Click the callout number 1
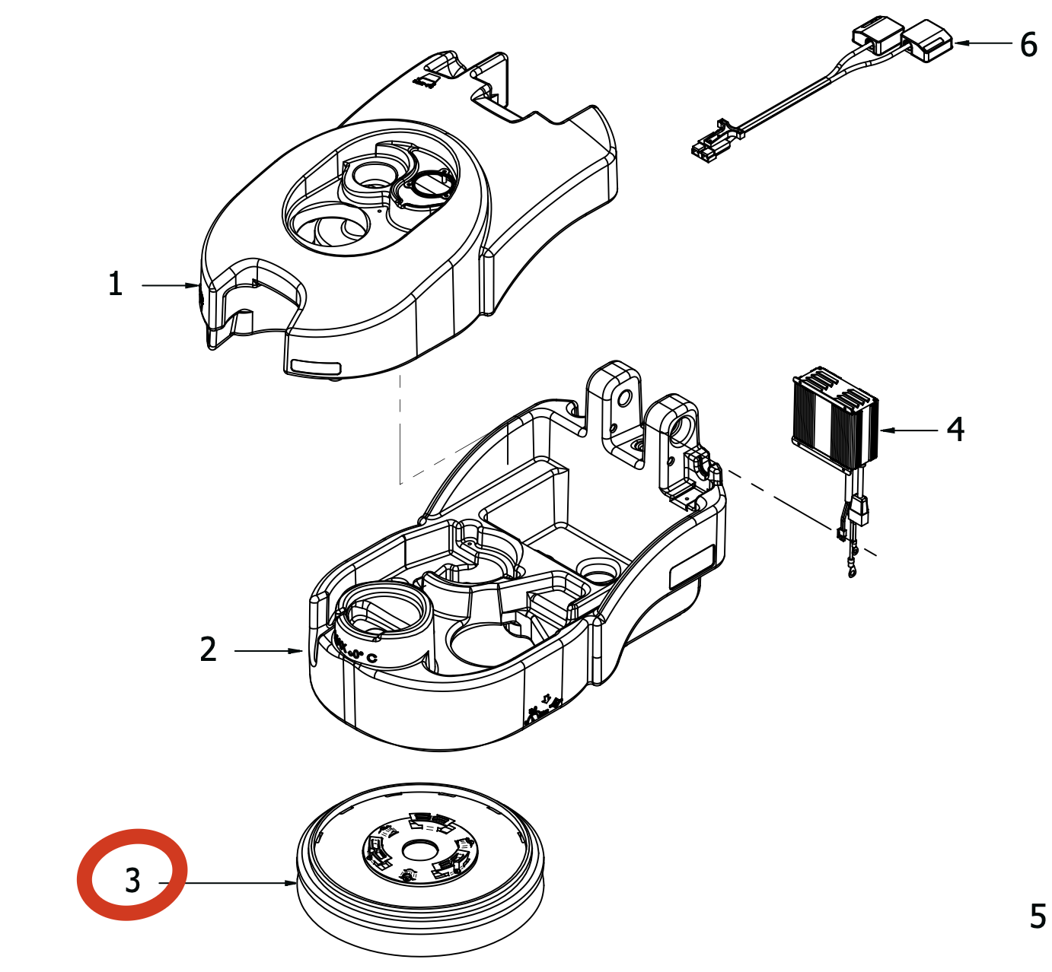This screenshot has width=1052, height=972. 116,284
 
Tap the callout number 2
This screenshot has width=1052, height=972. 208,650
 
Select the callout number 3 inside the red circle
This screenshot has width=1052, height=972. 133,881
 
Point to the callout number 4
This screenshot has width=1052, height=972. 956,430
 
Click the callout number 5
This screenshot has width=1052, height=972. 1038,916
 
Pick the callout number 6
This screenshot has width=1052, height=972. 1028,45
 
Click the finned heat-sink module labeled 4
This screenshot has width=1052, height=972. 836,418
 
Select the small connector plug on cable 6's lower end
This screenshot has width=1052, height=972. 706,148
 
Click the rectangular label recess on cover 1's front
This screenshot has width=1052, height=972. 314,367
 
